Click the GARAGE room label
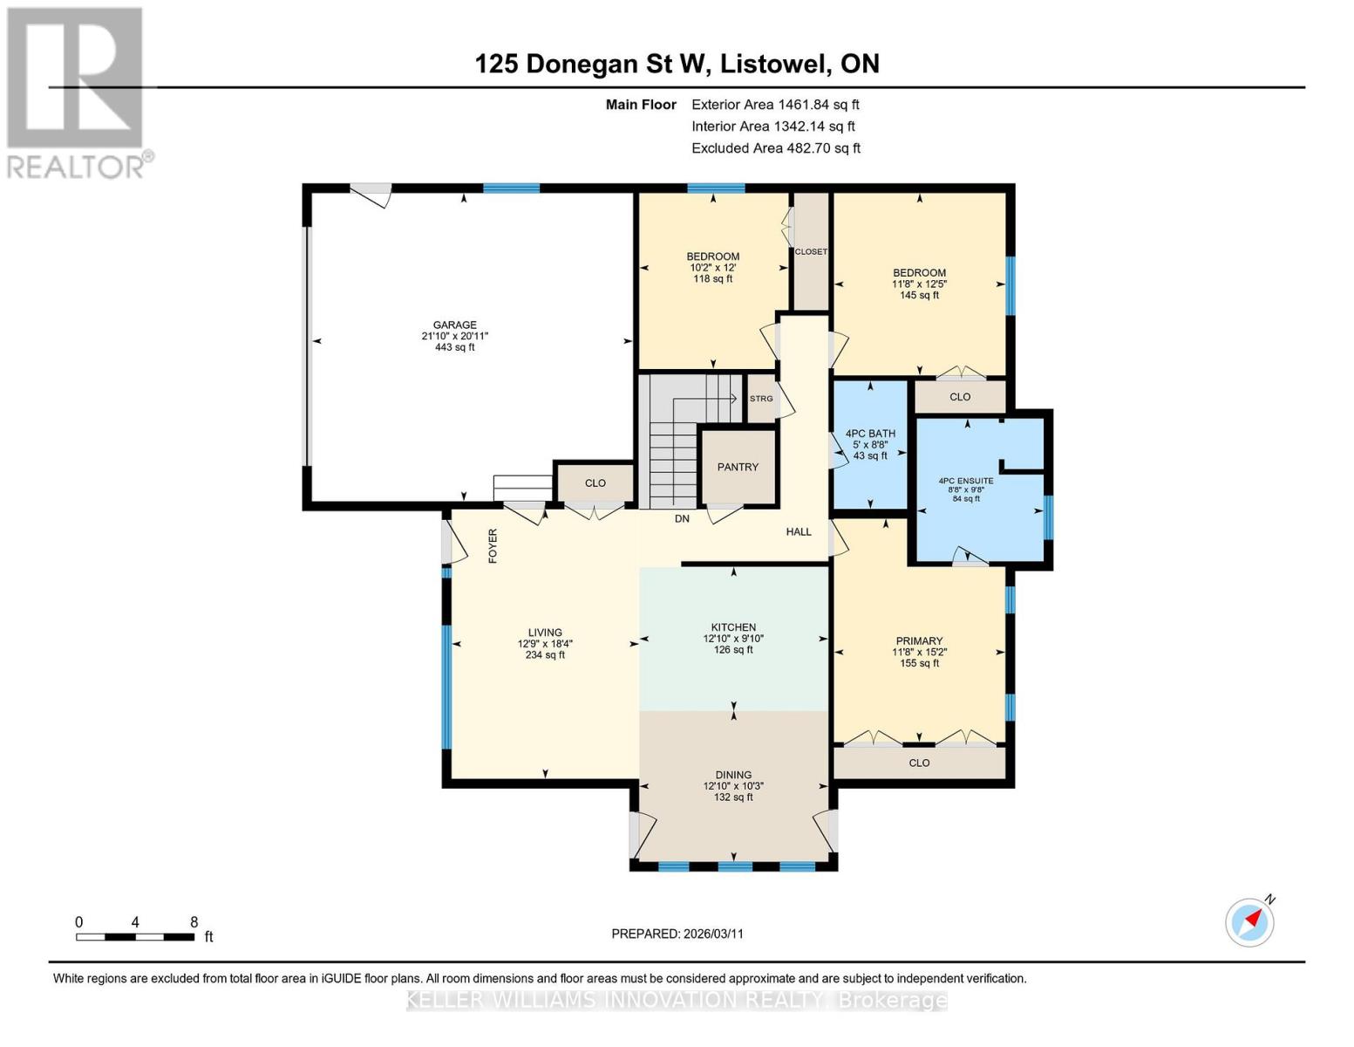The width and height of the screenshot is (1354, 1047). tap(454, 325)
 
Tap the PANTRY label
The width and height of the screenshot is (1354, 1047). tap(737, 467)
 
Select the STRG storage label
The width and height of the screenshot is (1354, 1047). tap(761, 399)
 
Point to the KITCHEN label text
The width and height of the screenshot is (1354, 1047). tap(733, 626)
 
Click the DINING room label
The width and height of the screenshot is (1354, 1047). tap(733, 775)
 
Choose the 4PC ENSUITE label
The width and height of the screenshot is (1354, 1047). tap(966, 481)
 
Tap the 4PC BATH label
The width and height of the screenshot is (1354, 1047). tap(870, 434)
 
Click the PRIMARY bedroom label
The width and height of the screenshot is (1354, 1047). tap(919, 640)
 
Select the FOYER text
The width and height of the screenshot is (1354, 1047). tap(493, 545)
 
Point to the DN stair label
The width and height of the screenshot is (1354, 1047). tap(683, 518)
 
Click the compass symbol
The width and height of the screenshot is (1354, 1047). tap(1249, 922)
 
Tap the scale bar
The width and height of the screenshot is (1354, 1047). tap(135, 936)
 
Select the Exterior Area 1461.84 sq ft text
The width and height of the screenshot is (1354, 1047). tap(775, 105)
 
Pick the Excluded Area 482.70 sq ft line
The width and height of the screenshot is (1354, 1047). tap(776, 148)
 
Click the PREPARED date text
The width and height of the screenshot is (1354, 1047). tap(677, 934)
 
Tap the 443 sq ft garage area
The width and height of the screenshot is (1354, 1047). tap(454, 346)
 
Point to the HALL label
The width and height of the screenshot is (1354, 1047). tap(799, 531)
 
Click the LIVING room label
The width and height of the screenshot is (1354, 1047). tap(545, 633)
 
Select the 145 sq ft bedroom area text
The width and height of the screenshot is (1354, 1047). tap(919, 295)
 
